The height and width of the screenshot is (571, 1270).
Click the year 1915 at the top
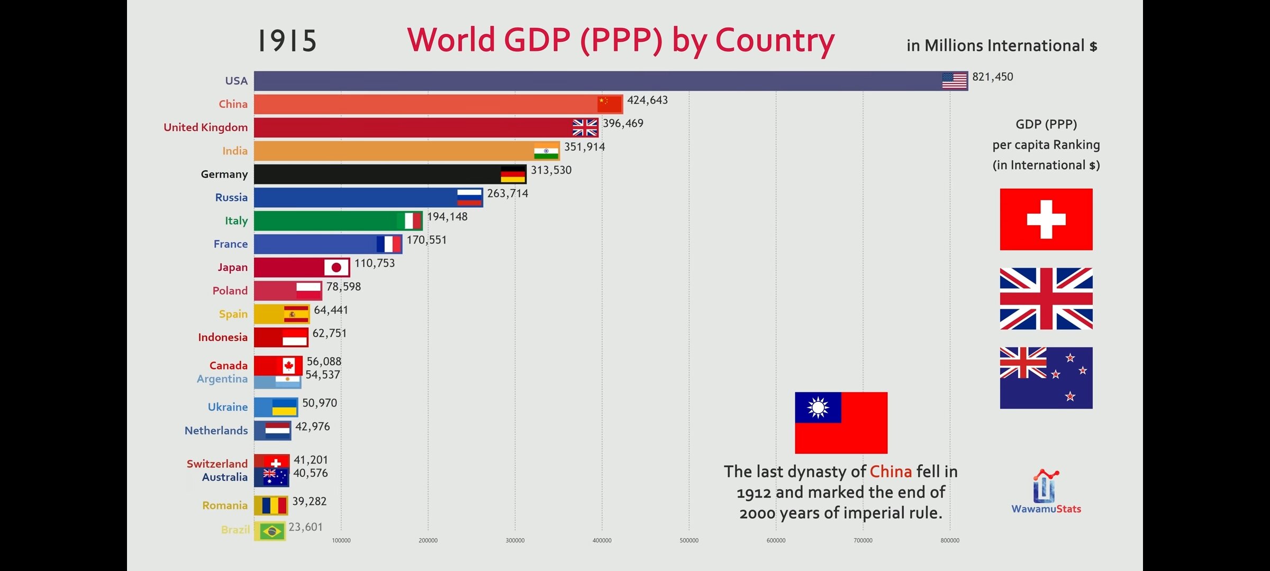tap(287, 41)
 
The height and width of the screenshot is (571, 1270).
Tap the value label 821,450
tap(992, 77)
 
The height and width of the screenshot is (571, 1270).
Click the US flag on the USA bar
tap(954, 81)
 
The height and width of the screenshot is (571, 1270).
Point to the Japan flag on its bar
tap(336, 268)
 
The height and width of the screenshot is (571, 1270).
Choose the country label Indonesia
tap(223, 337)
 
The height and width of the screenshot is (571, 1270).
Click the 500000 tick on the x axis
tap(688, 540)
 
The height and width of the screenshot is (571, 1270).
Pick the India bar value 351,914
tap(584, 147)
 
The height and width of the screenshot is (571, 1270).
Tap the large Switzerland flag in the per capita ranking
tap(1046, 219)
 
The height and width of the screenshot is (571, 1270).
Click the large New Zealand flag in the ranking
tap(1046, 377)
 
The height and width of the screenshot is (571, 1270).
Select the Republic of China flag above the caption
tap(841, 422)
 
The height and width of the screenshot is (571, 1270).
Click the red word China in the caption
tap(891, 472)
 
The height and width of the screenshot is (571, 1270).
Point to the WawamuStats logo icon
tap(1045, 486)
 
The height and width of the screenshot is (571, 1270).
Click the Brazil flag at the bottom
tap(272, 531)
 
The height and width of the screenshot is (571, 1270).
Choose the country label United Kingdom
tap(205, 127)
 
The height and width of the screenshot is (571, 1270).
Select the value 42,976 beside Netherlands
tap(312, 427)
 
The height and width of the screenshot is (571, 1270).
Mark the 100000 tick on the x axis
tap(341, 540)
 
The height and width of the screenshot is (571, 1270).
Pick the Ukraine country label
tap(228, 407)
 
